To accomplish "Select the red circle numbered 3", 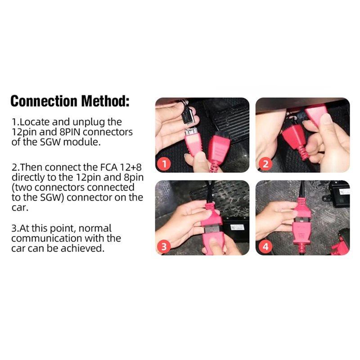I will click(165, 246).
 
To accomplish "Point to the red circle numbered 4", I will click(265, 246).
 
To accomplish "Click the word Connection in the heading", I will click(44, 101).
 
